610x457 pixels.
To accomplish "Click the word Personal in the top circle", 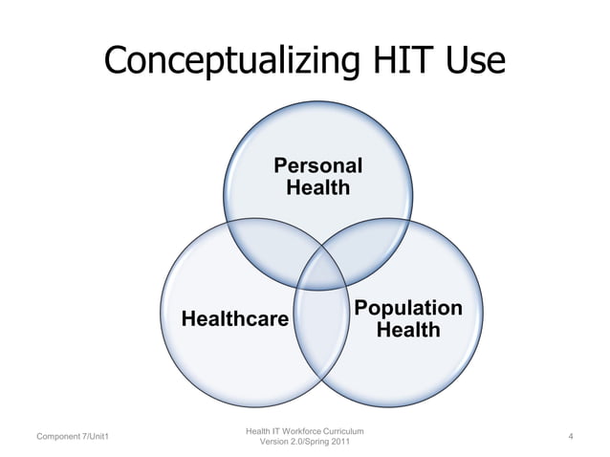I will [318, 165].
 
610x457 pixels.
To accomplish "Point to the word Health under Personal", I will [318, 187].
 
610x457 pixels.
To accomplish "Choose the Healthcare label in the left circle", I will [234, 318].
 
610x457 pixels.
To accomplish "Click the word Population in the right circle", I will [408, 308].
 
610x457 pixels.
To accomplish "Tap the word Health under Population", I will [408, 331].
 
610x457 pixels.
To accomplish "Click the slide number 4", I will [570, 438].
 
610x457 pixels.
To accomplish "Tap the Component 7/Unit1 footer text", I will [72, 438].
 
